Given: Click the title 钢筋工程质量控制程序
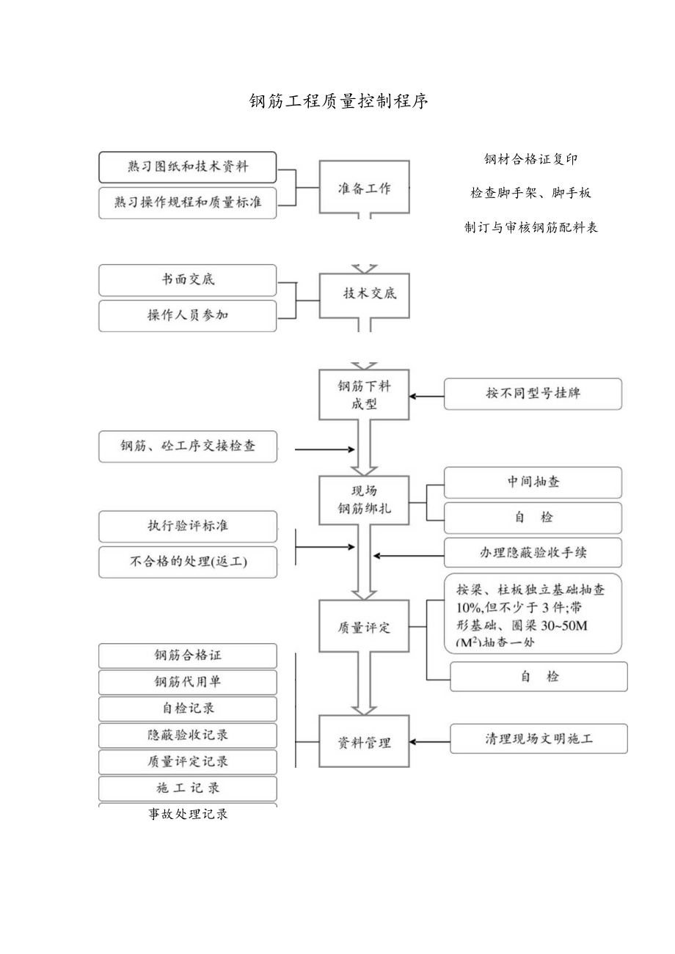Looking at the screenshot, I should pos(338,101).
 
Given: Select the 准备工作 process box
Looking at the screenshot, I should pos(364,188).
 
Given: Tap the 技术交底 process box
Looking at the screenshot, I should pos(364,294).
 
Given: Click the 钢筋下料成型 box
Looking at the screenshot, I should pos(364,395).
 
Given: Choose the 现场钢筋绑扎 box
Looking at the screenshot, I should pos(364,499).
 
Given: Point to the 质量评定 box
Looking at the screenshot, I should pos(364,628).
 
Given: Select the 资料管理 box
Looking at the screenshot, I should pos(364,743).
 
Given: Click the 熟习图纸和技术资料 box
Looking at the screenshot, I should pos(188,167).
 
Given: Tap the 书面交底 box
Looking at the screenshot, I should pos(188,280).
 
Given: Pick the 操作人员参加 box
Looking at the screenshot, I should pos(188,316).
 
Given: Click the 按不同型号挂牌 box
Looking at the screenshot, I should pos(533,394).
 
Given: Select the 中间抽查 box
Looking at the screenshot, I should pos(533,482).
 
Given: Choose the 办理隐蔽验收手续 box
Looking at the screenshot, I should pos(533,553).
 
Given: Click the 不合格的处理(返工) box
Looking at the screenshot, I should pos(188,562).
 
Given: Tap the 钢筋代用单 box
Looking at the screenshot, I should pos(188,682).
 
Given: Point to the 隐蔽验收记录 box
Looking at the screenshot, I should pos(188,735).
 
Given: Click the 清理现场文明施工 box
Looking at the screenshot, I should pos(539,739).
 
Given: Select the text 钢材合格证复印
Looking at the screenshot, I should pos(531,159).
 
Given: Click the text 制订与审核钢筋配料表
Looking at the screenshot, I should pos(531,227).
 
